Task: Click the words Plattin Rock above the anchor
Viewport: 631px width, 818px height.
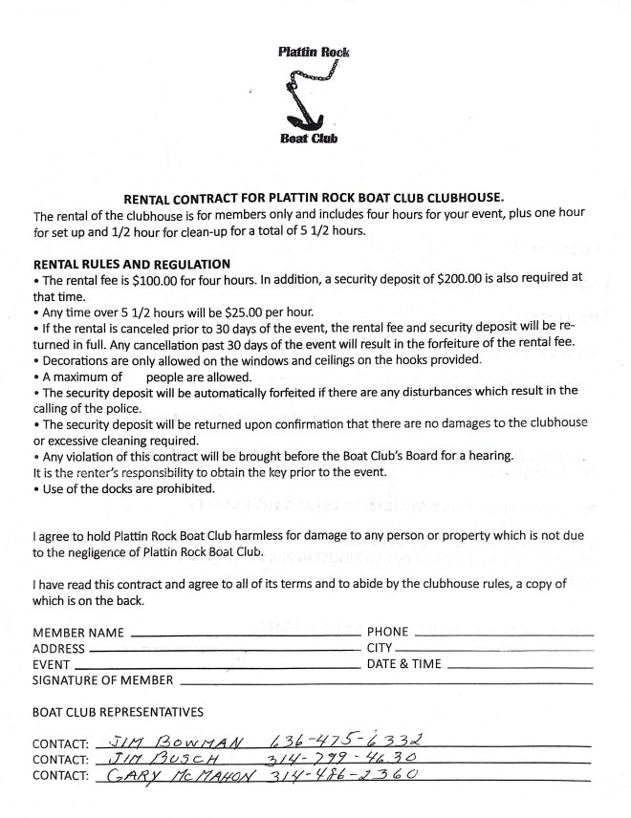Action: (x=314, y=52)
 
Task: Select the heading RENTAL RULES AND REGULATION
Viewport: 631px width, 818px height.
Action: (x=131, y=264)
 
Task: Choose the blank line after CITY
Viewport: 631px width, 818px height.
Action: (x=494, y=649)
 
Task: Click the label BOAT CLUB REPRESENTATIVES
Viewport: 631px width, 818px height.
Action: (x=118, y=712)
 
